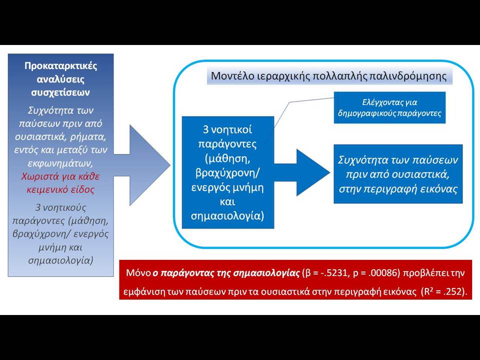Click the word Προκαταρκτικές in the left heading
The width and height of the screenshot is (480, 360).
click(x=60, y=66)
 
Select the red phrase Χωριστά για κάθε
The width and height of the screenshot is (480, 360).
click(x=60, y=176)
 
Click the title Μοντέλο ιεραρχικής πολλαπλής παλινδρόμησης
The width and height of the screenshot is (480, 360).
click(x=329, y=75)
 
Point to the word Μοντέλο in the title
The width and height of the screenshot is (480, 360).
click(x=228, y=75)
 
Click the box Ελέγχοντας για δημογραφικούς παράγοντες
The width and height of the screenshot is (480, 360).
click(x=389, y=107)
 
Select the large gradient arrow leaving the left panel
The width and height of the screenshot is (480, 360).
click(x=141, y=165)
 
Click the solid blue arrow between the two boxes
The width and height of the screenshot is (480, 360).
click(x=302, y=172)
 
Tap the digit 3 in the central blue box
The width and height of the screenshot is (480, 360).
click(x=205, y=130)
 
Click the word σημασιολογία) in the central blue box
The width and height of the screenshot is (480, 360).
click(x=227, y=216)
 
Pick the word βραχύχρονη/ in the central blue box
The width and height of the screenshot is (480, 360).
click(x=227, y=173)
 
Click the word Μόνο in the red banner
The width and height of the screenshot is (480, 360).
click(x=138, y=273)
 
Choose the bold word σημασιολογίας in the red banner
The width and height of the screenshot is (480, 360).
click(x=266, y=273)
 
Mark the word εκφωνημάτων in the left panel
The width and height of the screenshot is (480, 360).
click(x=60, y=163)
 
